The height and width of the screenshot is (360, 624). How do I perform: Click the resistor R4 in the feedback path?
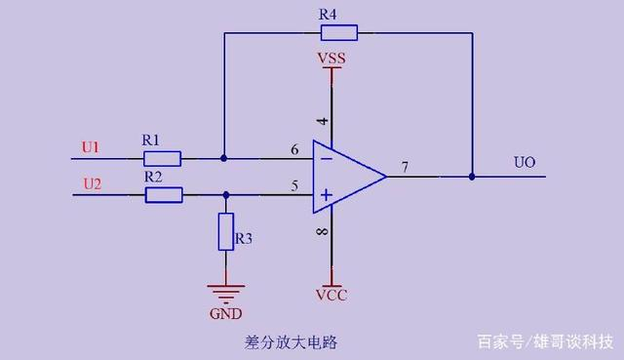click(x=339, y=33)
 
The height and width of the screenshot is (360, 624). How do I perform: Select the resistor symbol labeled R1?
click(x=162, y=157)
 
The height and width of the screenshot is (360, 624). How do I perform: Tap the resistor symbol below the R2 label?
click(x=164, y=195)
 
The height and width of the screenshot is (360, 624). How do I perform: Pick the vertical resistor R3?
click(x=226, y=233)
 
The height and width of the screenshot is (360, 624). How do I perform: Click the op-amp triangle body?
click(x=346, y=177)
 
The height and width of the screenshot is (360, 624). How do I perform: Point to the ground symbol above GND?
click(x=225, y=292)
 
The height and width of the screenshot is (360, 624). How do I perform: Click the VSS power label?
click(x=331, y=60)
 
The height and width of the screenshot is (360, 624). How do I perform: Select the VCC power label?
click(x=331, y=294)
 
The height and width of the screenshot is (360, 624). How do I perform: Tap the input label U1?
click(x=91, y=147)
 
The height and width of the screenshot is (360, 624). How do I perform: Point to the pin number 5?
click(x=294, y=185)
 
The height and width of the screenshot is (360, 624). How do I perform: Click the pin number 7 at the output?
click(x=403, y=168)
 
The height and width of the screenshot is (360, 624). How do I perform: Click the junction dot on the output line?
click(x=472, y=177)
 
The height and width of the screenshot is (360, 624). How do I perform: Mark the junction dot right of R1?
click(x=224, y=157)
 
